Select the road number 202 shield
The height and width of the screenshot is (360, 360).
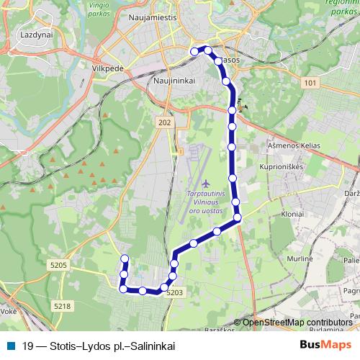[164, 124]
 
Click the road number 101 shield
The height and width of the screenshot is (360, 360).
[310, 84]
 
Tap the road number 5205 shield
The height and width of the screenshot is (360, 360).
[59, 266]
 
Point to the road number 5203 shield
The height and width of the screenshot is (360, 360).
[175, 292]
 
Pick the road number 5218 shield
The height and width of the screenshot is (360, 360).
[62, 307]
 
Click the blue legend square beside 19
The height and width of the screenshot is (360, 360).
[11, 346]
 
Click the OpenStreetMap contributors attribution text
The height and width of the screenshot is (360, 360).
[297, 323]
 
